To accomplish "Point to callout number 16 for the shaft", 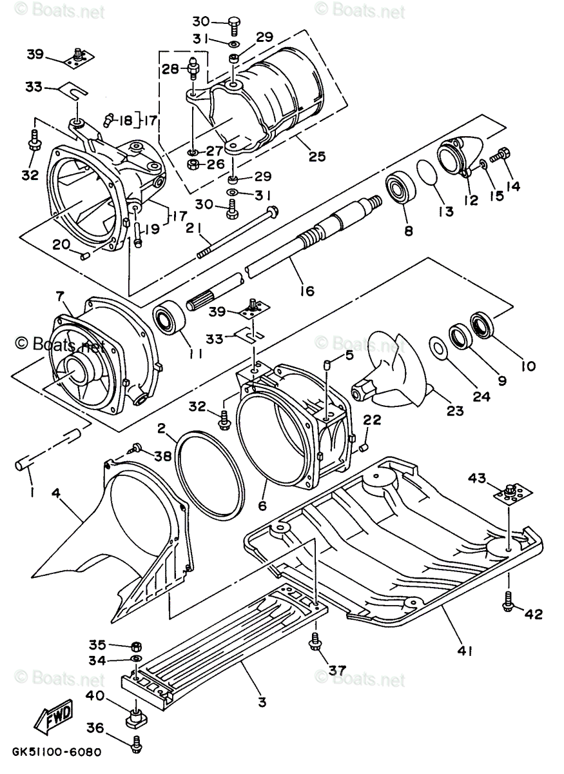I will click(307, 291).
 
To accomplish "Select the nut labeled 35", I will click(136, 646).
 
